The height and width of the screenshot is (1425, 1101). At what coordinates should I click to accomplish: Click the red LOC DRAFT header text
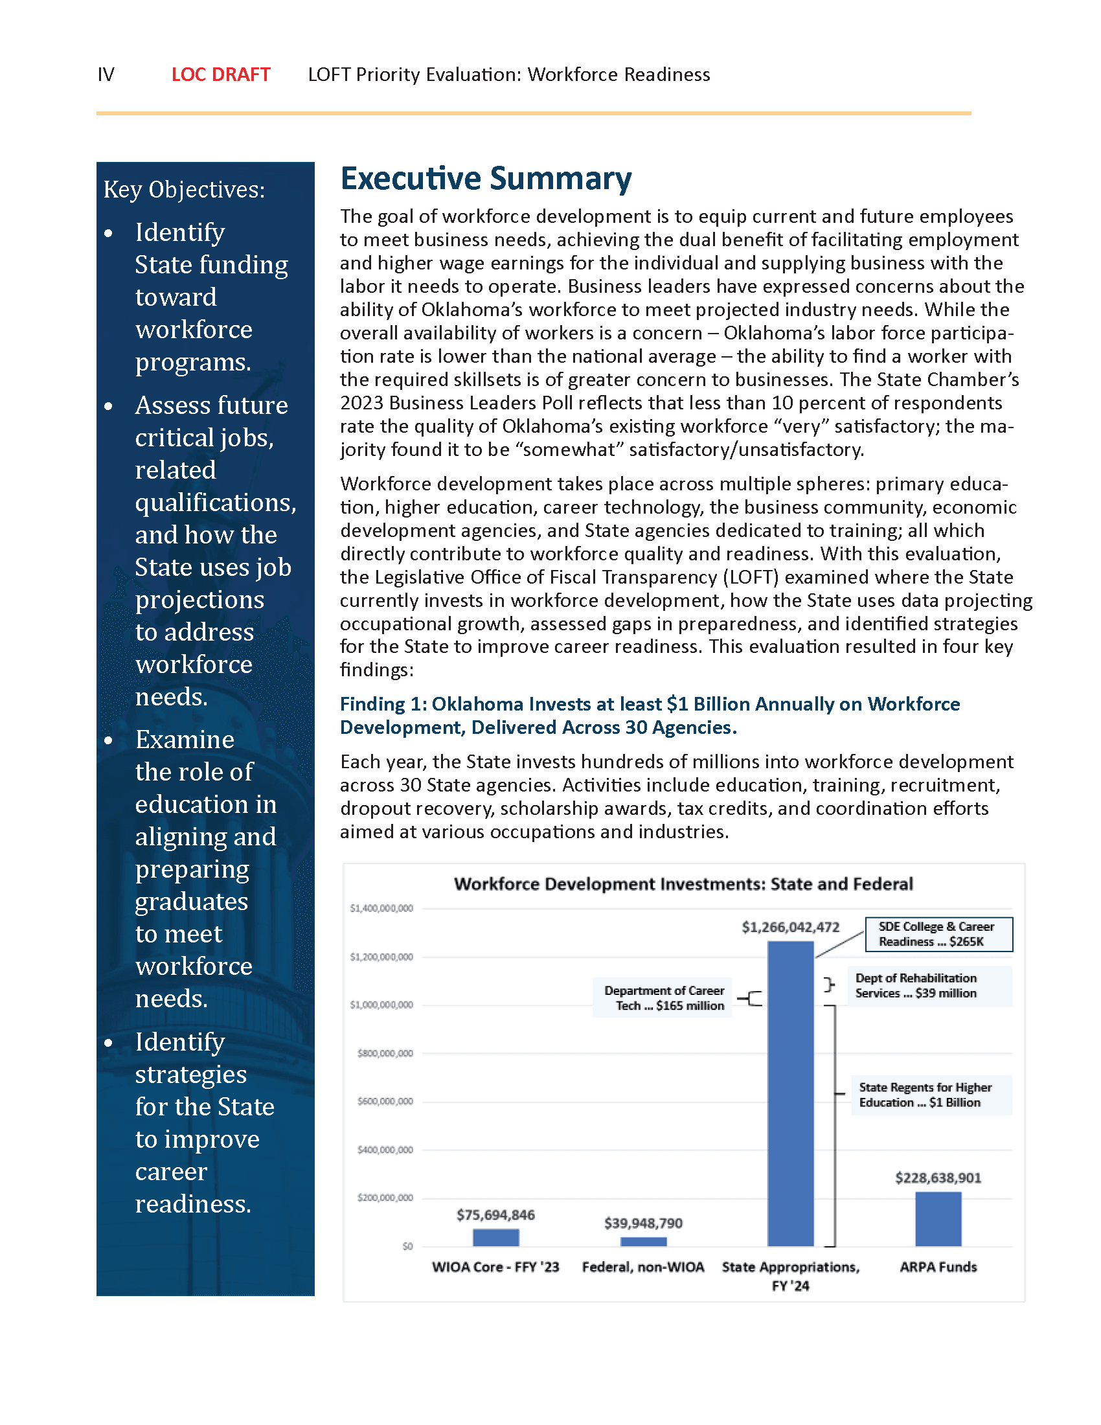tap(220, 74)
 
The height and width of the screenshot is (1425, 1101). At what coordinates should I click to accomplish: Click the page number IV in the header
tap(106, 74)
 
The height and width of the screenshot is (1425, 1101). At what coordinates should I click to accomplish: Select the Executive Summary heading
tap(485, 178)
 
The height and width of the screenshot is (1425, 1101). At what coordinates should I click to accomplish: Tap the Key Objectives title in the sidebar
tap(184, 189)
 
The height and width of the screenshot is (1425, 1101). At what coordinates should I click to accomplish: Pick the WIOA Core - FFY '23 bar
tap(495, 1237)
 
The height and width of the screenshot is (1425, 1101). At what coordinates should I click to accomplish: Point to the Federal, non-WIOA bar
tap(643, 1241)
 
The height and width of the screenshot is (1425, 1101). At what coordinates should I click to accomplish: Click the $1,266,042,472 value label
tap(790, 927)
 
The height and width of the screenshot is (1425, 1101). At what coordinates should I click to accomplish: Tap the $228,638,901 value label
tap(937, 1178)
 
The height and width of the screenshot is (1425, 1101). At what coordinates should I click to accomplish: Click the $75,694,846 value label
tap(495, 1215)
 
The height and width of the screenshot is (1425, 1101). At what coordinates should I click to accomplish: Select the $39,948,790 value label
tap(643, 1223)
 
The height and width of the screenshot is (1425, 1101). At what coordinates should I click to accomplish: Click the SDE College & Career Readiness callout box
tap(938, 934)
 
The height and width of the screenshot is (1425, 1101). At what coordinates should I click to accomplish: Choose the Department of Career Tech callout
tap(663, 998)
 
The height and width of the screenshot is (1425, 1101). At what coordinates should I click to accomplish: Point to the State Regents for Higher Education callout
tap(930, 1095)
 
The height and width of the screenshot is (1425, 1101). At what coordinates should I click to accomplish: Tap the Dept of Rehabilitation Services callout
tap(929, 986)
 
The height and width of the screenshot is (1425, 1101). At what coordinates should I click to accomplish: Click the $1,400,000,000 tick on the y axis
tap(381, 908)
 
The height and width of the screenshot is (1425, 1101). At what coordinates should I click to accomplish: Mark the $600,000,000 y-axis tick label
tap(385, 1101)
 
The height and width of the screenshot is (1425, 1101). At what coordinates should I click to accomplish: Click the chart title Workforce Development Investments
tap(683, 884)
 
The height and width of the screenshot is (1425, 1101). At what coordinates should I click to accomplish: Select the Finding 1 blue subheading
tap(649, 716)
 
